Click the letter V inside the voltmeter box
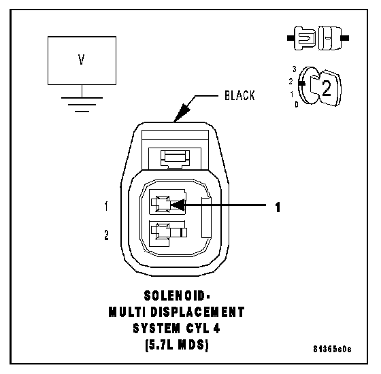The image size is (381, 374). [82, 59]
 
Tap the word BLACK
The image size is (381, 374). [239, 95]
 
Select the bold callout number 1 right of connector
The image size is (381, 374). [278, 207]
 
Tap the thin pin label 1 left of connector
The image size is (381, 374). [106, 206]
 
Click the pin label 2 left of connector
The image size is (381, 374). [106, 235]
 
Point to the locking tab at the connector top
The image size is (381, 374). [175, 158]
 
